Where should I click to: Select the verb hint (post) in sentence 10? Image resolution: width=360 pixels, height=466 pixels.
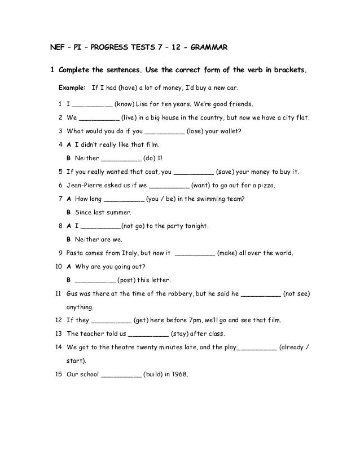click(129, 280)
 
